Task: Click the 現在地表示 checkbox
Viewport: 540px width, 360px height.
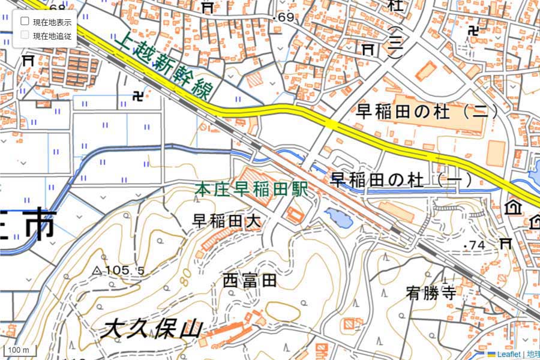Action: pyautogui.click(x=25, y=22)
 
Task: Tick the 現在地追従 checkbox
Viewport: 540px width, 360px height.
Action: pyautogui.click(x=25, y=35)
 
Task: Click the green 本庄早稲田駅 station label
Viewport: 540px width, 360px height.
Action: pyautogui.click(x=251, y=190)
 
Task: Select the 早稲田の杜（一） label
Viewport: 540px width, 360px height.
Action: pyautogui.click(x=402, y=179)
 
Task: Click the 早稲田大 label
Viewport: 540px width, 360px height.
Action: pyautogui.click(x=227, y=221)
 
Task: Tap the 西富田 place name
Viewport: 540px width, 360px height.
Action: pyautogui.click(x=250, y=280)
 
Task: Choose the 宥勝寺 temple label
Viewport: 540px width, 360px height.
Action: pyautogui.click(x=431, y=293)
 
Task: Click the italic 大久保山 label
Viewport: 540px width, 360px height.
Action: pyautogui.click(x=152, y=329)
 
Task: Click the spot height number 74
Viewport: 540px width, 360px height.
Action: pyautogui.click(x=478, y=245)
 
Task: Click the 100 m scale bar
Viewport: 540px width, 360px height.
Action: pyautogui.click(x=19, y=349)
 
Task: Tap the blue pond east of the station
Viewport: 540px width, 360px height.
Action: pyautogui.click(x=338, y=218)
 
